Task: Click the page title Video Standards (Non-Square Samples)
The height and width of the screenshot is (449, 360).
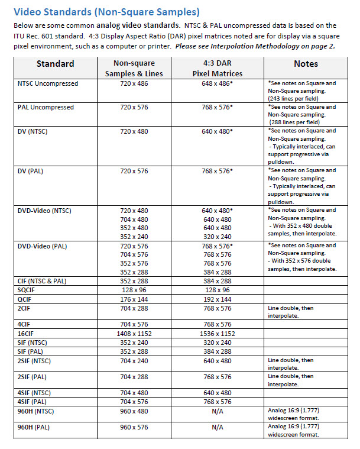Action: [106, 12]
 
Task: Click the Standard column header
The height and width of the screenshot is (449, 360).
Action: [55, 64]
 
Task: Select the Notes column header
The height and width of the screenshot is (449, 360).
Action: [305, 64]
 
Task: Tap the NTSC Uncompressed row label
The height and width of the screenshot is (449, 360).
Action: [48, 84]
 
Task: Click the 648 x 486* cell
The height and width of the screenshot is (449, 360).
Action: [217, 84]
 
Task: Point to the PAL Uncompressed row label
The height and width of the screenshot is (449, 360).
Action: [46, 108]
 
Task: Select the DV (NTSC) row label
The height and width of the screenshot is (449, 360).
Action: [34, 131]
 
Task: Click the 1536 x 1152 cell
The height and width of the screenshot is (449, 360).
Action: [217, 333]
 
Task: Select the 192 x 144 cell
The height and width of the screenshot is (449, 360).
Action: [217, 299]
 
